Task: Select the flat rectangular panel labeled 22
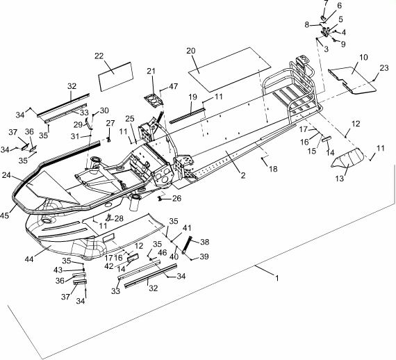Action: click(115, 76)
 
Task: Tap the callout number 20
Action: click(191, 51)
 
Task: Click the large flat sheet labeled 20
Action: click(229, 69)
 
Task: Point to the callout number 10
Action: click(363, 58)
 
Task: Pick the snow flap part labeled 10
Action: click(352, 80)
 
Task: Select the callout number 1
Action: click(277, 278)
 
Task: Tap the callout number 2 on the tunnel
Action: click(243, 175)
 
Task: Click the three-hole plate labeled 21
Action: click(154, 99)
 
